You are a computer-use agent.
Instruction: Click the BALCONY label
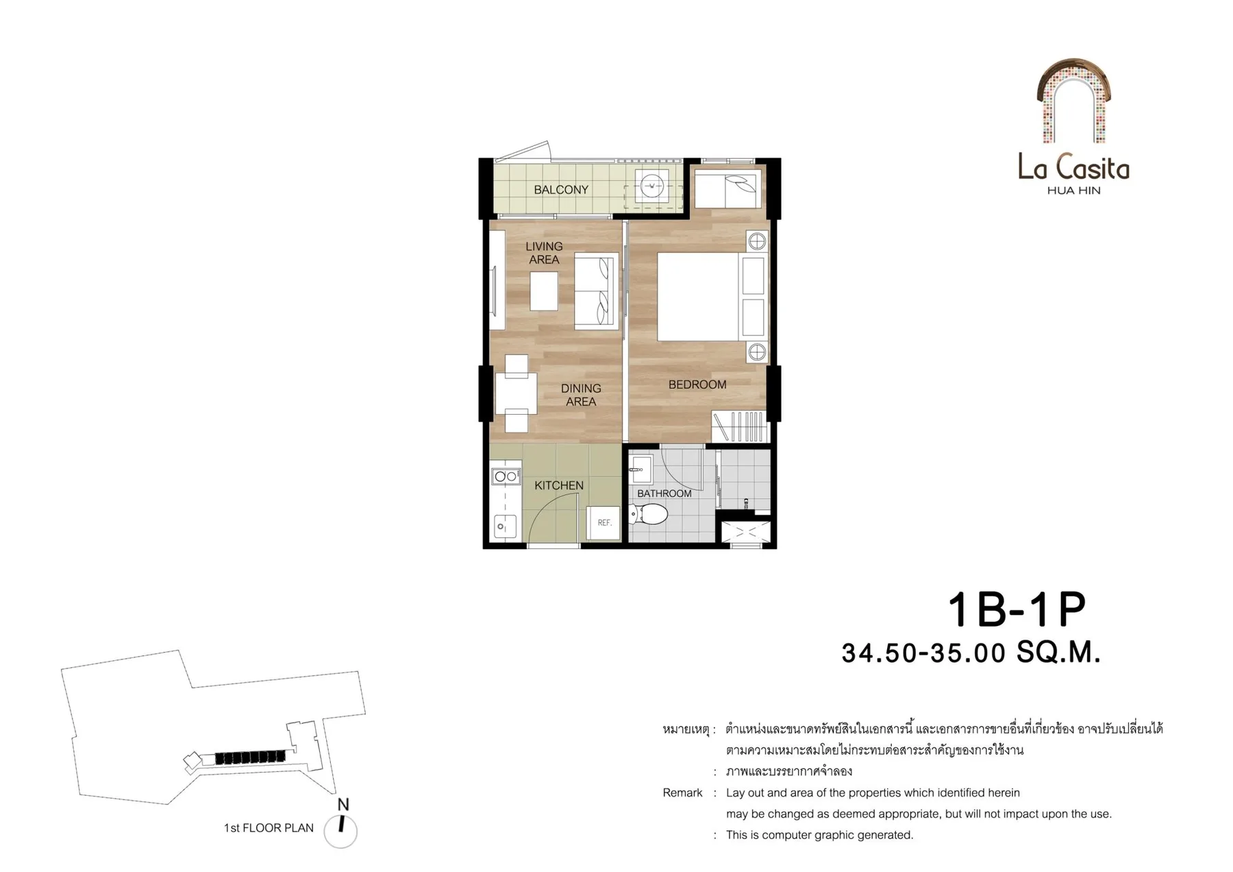coord(561,190)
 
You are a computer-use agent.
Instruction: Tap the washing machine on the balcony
coord(652,186)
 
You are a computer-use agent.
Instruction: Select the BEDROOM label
coord(697,385)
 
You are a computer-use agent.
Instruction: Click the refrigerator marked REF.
coord(603,522)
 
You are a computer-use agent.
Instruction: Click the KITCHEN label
coord(559,485)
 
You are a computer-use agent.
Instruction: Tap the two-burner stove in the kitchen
coord(506,476)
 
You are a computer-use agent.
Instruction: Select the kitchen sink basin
coord(505,526)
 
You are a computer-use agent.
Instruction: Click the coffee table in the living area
coord(544,291)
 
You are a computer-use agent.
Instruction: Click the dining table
coord(516,393)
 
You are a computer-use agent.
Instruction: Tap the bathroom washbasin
coord(640,470)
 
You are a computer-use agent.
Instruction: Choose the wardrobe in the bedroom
coord(740,426)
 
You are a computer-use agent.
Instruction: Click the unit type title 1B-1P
coord(1017,609)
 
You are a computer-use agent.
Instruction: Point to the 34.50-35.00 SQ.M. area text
coord(971,653)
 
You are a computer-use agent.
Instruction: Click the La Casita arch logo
coord(1073,101)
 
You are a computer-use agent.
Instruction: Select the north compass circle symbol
coord(340,832)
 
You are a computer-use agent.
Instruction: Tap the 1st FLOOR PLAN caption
coord(269,828)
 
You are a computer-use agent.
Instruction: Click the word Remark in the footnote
coord(682,793)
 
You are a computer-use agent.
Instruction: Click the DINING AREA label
coord(581,395)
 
